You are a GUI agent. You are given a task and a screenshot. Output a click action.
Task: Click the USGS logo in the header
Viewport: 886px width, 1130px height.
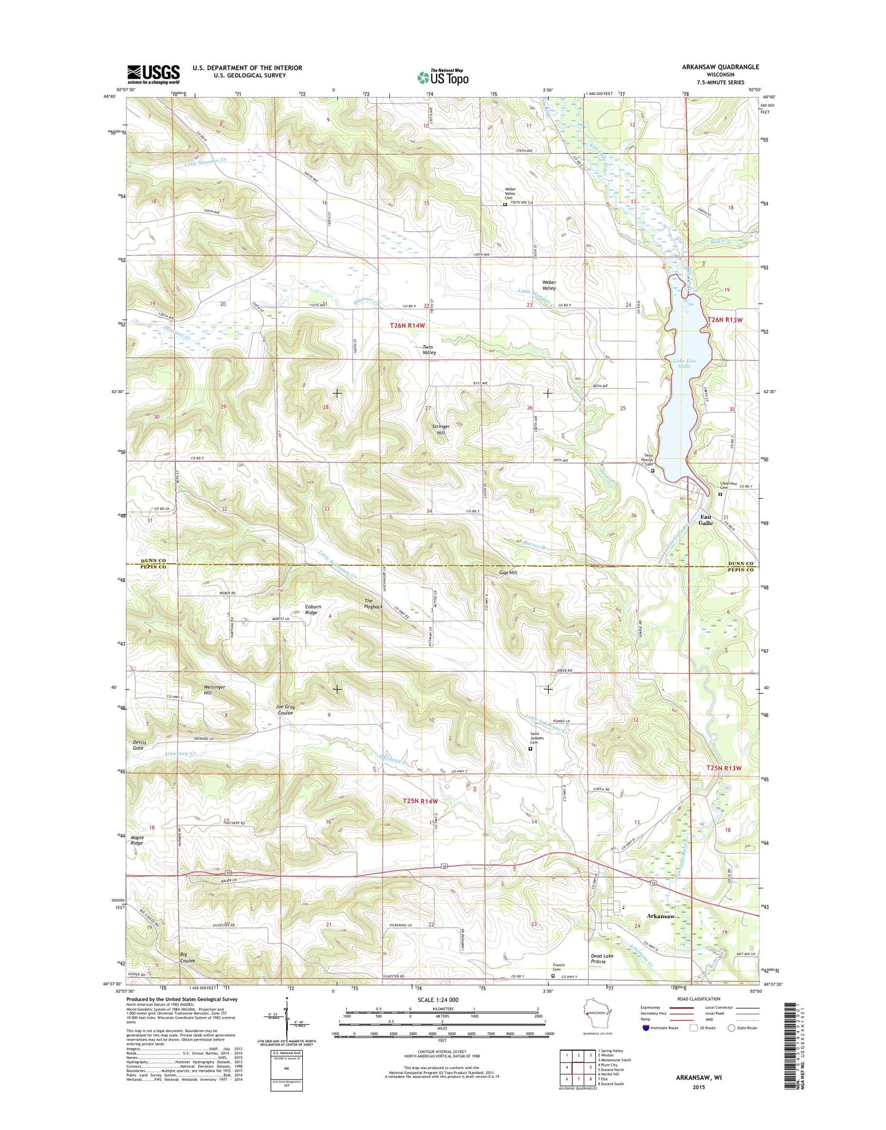[153, 74]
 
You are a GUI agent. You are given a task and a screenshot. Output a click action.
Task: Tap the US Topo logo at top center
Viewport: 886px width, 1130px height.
[443, 77]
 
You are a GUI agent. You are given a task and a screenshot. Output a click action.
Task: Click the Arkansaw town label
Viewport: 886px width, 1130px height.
[661, 916]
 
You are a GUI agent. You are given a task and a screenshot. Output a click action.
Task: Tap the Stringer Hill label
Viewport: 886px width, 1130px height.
[440, 429]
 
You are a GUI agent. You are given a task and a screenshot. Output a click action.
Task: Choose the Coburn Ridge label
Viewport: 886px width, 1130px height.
[313, 610]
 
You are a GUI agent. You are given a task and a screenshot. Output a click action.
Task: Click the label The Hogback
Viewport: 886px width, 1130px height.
[373, 604]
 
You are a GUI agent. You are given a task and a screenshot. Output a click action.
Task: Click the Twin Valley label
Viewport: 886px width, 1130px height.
[429, 350]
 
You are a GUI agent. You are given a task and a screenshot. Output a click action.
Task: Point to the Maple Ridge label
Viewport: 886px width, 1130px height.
[136, 840]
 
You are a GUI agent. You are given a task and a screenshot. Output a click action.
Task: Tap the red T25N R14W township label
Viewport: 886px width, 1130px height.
[420, 801]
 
